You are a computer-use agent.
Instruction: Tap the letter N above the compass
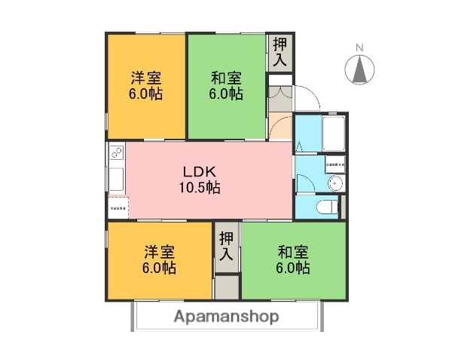359,48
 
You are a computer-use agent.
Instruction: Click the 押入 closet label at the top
279,52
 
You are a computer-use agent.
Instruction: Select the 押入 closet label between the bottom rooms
227,246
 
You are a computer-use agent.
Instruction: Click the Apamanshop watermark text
227,317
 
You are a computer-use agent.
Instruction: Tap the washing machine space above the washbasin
335,163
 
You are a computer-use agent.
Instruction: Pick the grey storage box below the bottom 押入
227,286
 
